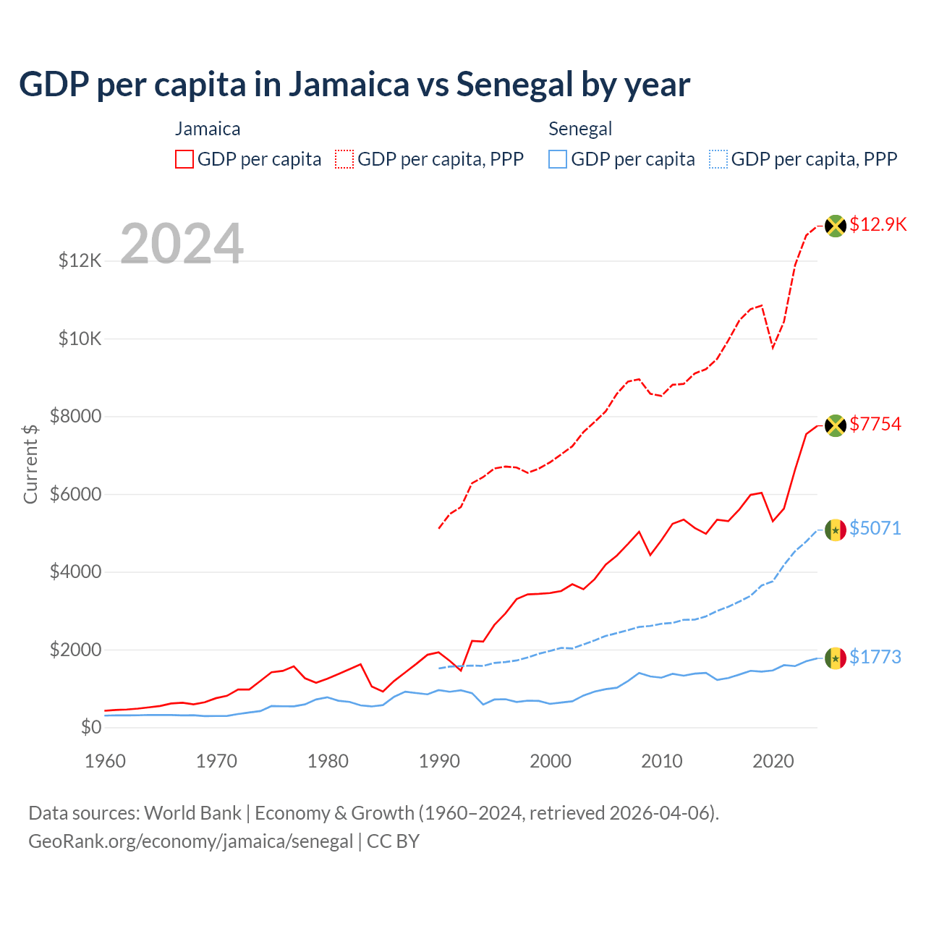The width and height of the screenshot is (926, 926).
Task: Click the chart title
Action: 354,84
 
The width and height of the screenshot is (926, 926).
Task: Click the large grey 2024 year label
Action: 182,244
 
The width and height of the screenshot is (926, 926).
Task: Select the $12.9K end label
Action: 878,224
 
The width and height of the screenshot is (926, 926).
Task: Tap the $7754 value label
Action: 875,424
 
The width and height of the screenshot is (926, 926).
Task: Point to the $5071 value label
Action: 875,528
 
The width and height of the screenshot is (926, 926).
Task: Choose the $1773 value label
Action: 875,657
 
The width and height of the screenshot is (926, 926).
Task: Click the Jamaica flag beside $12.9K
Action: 836,226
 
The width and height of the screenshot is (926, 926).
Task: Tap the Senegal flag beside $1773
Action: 836,658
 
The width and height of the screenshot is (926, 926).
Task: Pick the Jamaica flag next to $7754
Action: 836,425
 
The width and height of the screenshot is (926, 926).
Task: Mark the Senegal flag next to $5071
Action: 836,530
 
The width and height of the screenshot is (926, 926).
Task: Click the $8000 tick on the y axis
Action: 75,416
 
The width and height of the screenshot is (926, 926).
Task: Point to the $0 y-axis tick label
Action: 90,727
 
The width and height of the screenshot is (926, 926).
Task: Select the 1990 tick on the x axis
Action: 439,761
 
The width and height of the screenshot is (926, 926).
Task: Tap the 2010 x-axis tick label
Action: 662,761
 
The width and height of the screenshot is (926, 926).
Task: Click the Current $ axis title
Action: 30,464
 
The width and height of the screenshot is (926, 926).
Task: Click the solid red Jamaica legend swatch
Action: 184,159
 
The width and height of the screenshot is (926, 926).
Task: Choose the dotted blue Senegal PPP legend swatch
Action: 718,159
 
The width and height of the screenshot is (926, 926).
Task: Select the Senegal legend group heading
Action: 580,129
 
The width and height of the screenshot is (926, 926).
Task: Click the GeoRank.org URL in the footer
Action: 190,841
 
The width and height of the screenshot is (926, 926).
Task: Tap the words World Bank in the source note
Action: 192,813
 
